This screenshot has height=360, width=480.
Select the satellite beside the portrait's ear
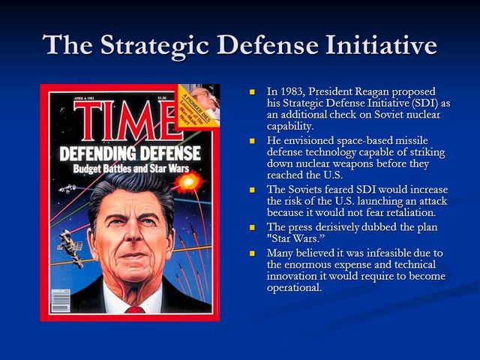click(69, 245)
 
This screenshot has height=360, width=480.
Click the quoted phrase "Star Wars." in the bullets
click(297, 238)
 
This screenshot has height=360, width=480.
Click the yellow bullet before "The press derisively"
click(253, 226)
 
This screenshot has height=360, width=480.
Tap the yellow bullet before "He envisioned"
click(253, 140)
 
